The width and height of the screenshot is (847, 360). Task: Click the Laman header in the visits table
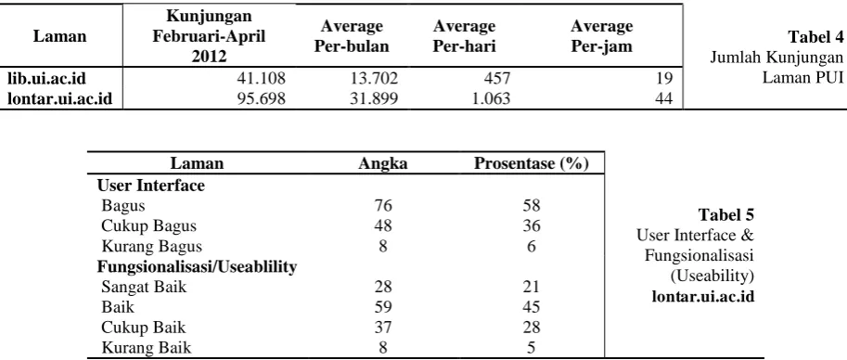[60, 36]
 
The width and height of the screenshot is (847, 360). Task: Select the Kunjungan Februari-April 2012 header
[210, 36]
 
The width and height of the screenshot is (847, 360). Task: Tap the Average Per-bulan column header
[352, 36]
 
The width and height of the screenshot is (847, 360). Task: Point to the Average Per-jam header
[602, 36]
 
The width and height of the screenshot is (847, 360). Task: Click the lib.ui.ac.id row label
[47, 79]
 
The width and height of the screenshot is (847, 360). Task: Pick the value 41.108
[261, 79]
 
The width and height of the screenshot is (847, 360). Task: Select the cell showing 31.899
[373, 99]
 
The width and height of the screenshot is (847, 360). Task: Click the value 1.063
[490, 99]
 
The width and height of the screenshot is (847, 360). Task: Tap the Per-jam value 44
[665, 99]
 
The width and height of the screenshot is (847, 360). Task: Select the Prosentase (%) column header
[531, 163]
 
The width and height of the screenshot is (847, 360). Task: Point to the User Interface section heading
[151, 186]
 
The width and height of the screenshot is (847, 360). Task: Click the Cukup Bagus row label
[149, 225]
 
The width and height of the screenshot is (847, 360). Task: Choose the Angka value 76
[383, 206]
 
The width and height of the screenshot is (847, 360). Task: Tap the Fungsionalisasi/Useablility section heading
[198, 266]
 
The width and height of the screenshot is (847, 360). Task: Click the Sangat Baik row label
[144, 287]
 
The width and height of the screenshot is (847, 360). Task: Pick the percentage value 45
[532, 307]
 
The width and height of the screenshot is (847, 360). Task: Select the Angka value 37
[383, 327]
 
